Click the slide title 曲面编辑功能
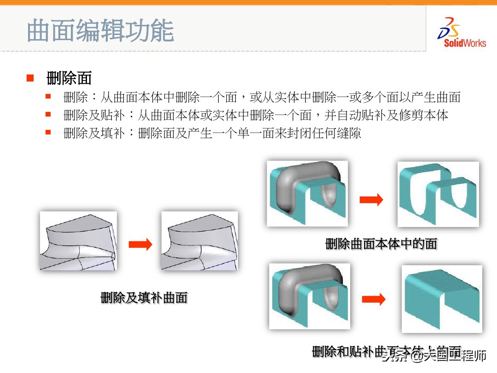[100, 31]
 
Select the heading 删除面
[69, 78]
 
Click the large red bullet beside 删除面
[30, 77]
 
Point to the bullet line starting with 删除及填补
[212, 134]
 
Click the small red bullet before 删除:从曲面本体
[48, 97]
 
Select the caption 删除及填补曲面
[144, 298]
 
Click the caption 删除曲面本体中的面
[381, 244]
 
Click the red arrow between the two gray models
[140, 245]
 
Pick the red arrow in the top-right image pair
[371, 199]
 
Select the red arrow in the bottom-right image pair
[373, 299]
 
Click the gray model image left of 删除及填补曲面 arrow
[78, 241]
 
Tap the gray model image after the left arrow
[199, 241]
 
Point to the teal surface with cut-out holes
[438, 194]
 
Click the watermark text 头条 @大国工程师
[435, 356]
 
